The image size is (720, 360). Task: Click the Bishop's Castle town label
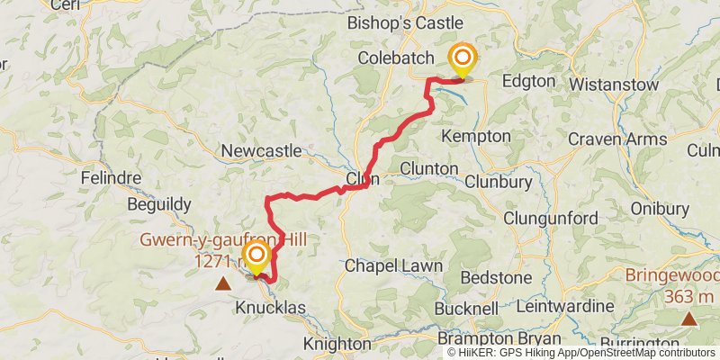pyautogui.click(x=405, y=22)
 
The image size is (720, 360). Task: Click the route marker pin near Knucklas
pyautogui.click(x=256, y=258)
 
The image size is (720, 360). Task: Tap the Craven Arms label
pyautogui.click(x=617, y=139)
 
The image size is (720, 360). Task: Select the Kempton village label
pyautogui.click(x=476, y=136)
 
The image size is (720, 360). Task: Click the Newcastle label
pyautogui.click(x=261, y=150)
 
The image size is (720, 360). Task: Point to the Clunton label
pyautogui.click(x=429, y=168)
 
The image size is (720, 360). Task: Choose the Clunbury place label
pyautogui.click(x=499, y=180)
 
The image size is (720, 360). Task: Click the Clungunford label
pyautogui.click(x=551, y=219)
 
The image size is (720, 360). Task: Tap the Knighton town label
pyautogui.click(x=337, y=344)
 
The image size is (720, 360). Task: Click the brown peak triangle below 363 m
pyautogui.click(x=688, y=318)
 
